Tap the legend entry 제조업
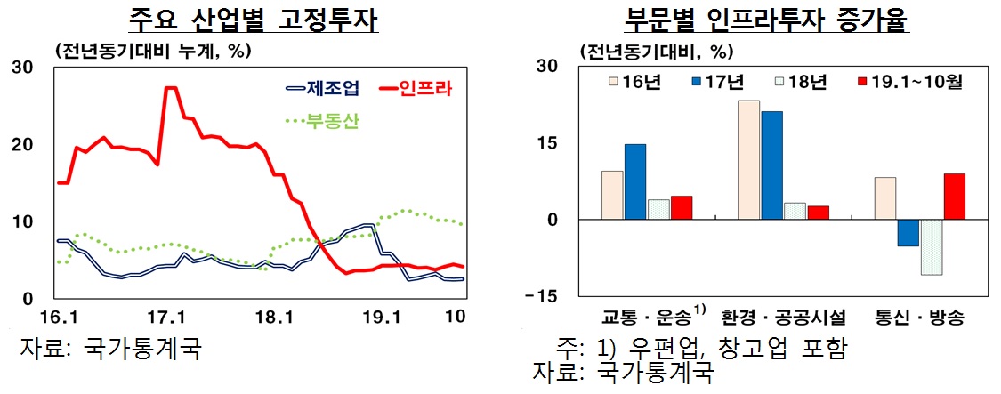322,88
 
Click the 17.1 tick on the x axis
165,317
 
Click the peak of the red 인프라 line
170,88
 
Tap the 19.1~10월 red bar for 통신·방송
954,197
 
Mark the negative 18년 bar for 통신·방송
931,247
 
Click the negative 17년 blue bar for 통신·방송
908,233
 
